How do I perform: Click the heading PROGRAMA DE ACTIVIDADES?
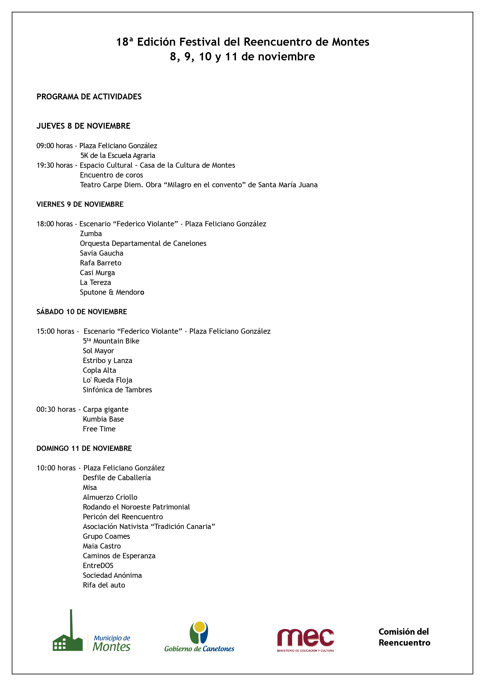[x=89, y=96]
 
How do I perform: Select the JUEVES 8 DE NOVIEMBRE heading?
[x=83, y=126]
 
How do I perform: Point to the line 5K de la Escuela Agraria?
[x=118, y=155]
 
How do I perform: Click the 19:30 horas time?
[x=54, y=165]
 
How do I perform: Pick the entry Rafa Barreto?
[x=101, y=263]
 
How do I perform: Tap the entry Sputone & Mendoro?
[x=112, y=292]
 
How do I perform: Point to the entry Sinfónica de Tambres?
[x=117, y=390]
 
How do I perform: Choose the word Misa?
[x=90, y=488]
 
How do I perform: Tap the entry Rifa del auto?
[x=104, y=585]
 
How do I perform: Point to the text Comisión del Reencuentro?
[x=404, y=637]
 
